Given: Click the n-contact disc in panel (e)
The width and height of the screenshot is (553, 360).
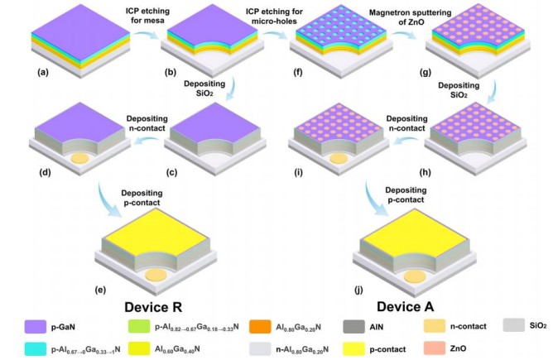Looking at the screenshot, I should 153,275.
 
